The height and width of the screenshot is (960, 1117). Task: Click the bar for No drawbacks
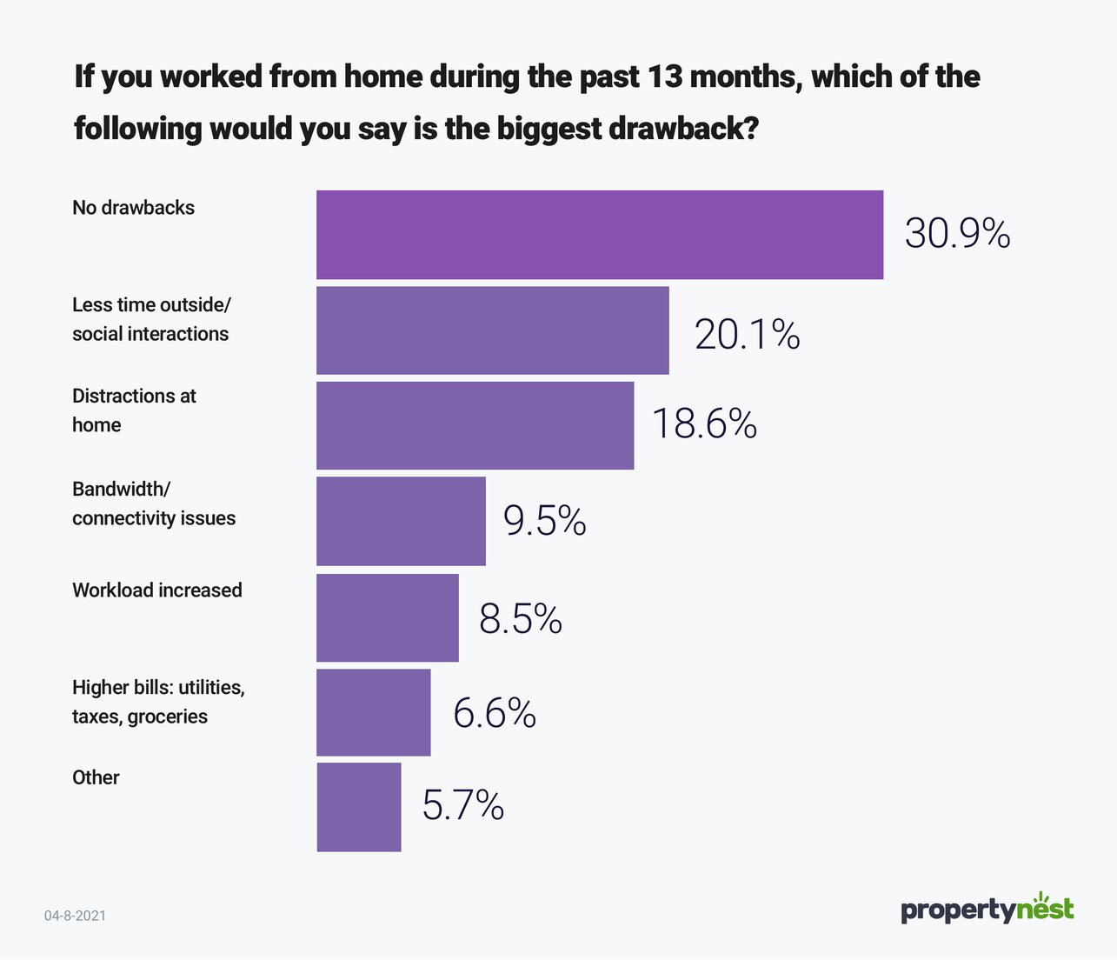pos(600,235)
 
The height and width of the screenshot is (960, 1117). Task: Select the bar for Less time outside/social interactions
pos(493,330)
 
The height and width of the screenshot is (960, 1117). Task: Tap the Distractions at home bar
pos(475,426)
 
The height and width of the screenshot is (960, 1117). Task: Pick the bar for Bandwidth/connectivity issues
pos(401,521)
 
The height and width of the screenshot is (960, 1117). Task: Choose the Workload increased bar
pos(387,617)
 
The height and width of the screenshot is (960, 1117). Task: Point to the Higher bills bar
pos(373,712)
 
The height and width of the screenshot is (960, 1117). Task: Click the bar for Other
pos(358,807)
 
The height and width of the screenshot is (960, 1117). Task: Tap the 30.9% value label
pos(957,234)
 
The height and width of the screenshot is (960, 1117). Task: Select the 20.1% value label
pos(747,335)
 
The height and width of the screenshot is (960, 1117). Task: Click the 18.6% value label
pos(704,424)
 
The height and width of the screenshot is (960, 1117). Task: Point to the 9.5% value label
pos(544,521)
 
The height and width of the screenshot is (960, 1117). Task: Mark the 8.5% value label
pos(520,618)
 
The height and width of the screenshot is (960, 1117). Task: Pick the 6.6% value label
pos(494,713)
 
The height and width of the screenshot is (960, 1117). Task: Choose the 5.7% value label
pos(462,805)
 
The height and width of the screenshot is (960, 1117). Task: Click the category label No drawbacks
pos(133,208)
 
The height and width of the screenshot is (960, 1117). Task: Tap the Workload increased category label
pos(156,590)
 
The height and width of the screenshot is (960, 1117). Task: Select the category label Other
pos(96,777)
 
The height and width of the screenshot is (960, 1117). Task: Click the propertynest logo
pos(987,909)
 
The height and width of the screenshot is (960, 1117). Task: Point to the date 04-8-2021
pos(75,916)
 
